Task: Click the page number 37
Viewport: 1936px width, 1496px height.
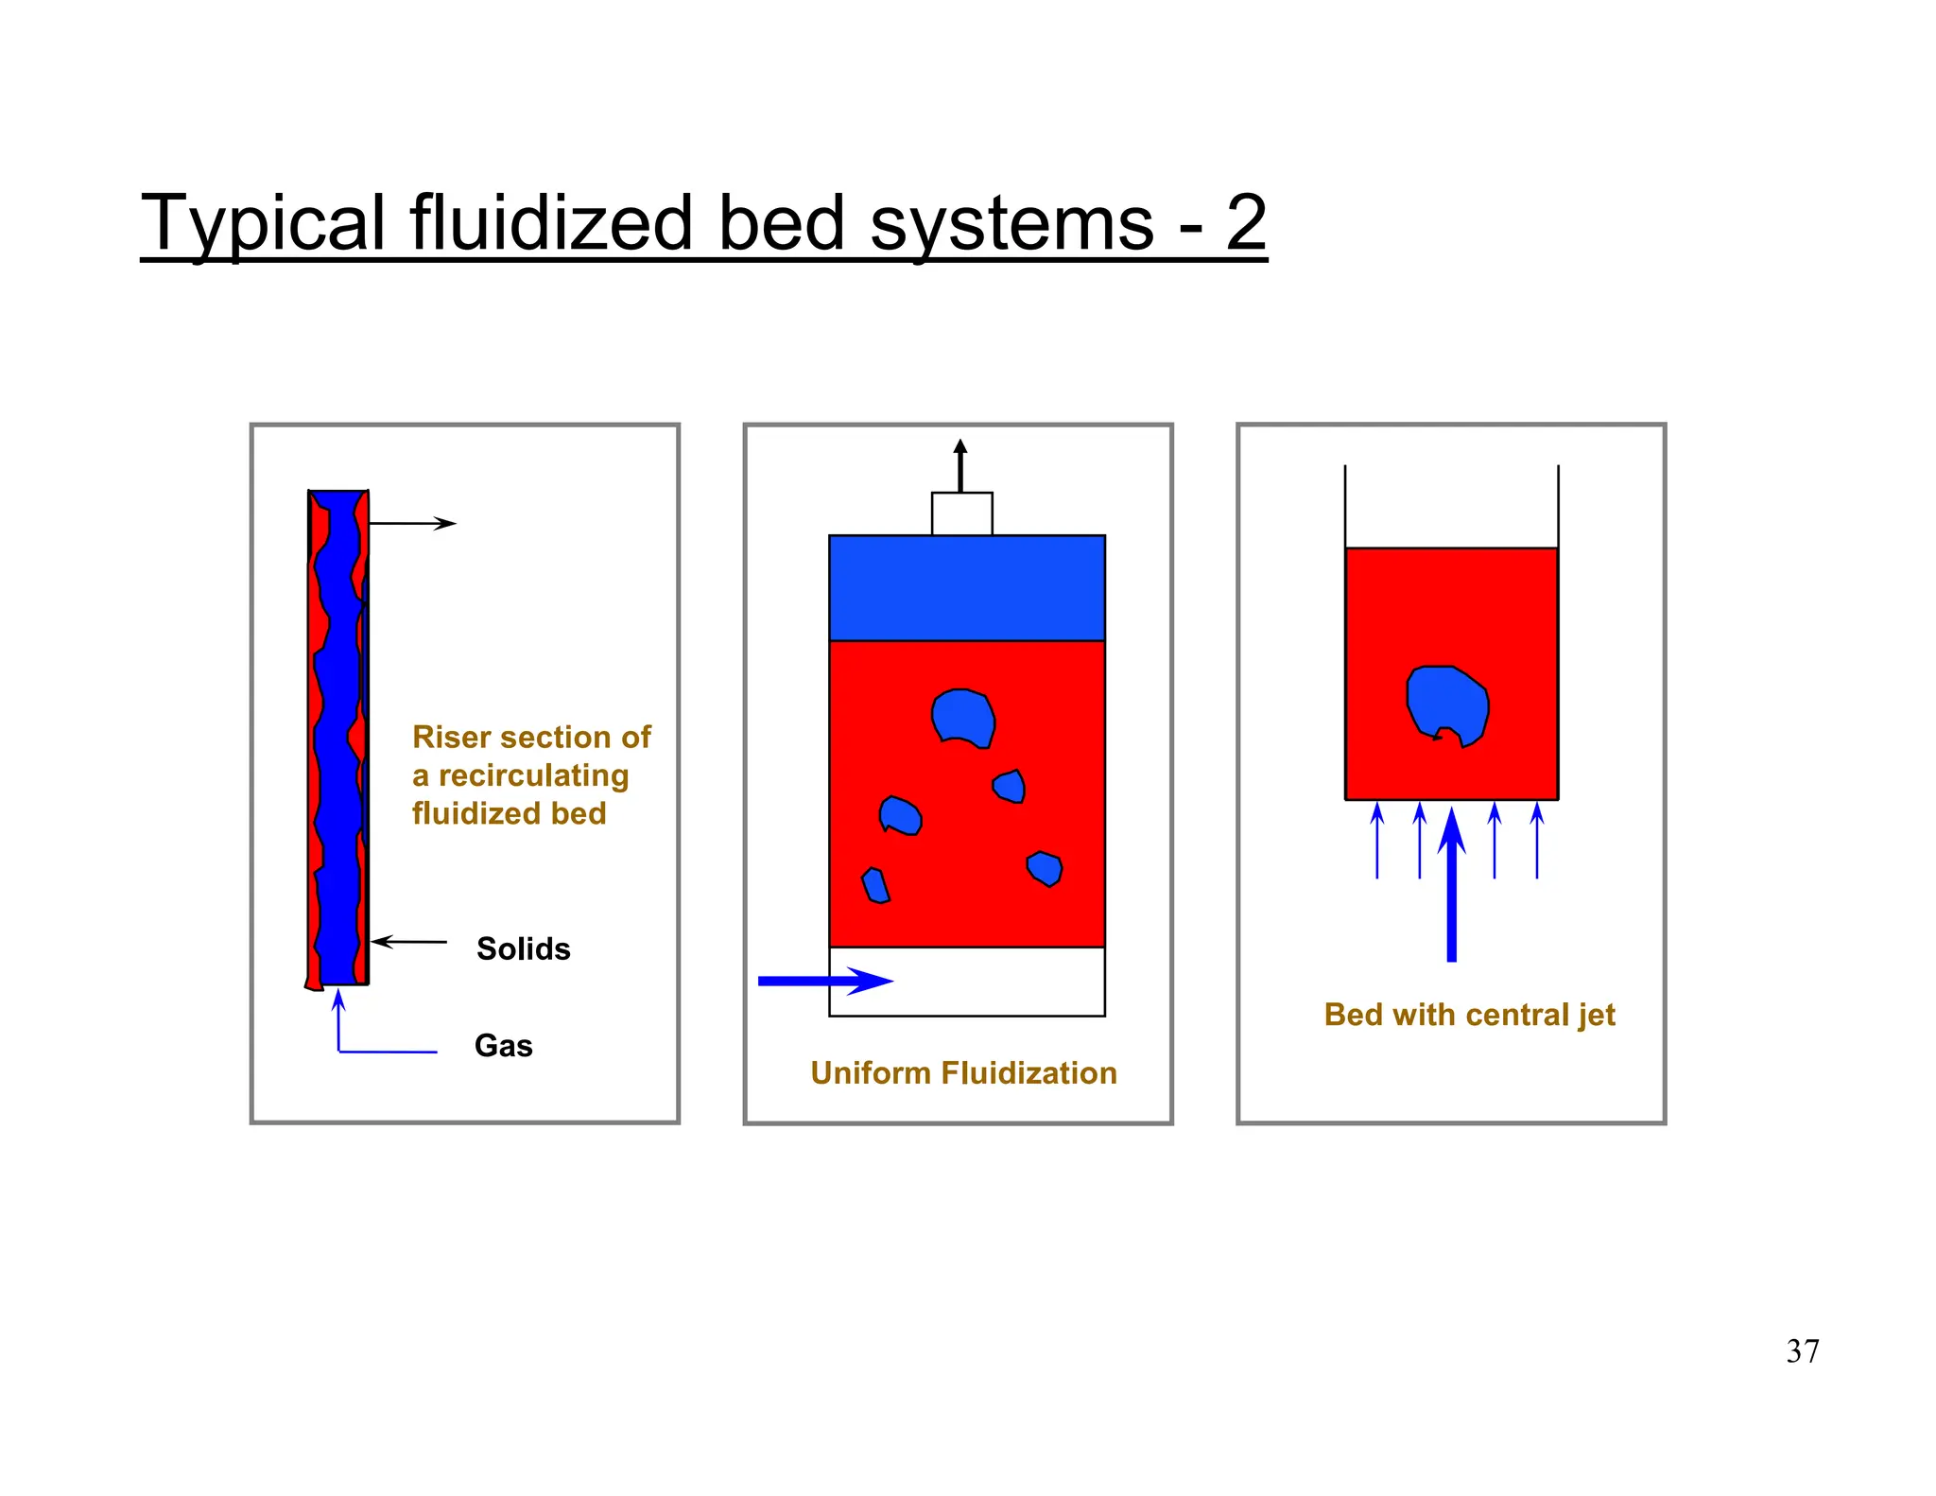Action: pyautogui.click(x=1802, y=1351)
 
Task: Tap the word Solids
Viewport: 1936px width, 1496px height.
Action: pyautogui.click(x=523, y=948)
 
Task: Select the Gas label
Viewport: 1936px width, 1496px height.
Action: pyautogui.click(x=503, y=1046)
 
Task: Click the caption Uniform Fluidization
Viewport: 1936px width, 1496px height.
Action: pyautogui.click(x=963, y=1073)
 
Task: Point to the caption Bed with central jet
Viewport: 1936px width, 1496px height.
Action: pyautogui.click(x=1469, y=1015)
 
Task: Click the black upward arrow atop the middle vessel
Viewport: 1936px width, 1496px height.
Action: pyautogui.click(x=960, y=465)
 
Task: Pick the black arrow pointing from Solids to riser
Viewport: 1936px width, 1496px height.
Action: pyautogui.click(x=409, y=942)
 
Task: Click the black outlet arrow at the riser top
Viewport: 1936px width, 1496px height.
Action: pyautogui.click(x=412, y=523)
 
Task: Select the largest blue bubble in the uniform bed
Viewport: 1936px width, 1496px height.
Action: pyautogui.click(x=962, y=718)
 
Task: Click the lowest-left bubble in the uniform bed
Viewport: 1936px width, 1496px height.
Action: pyautogui.click(x=875, y=886)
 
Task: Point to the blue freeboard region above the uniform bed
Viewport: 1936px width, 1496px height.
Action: pyautogui.click(x=966, y=588)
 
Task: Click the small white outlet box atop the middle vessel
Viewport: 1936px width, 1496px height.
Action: pyautogui.click(x=961, y=514)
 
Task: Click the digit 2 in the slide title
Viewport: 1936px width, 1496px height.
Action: pyautogui.click(x=1246, y=222)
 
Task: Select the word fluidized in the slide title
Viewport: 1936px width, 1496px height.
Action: pyautogui.click(x=551, y=222)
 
